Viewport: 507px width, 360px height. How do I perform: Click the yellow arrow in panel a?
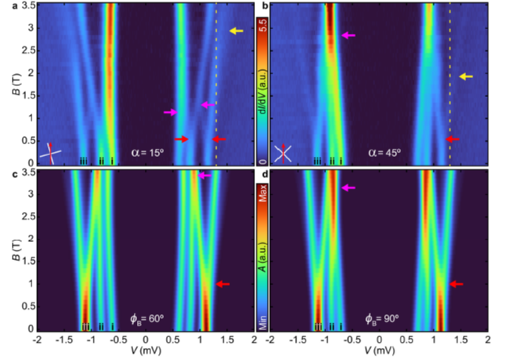click(237, 31)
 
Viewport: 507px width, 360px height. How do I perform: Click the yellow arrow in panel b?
click(466, 76)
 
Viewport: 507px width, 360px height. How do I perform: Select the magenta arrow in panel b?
click(348, 35)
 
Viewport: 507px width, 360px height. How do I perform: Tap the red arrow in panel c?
click(223, 284)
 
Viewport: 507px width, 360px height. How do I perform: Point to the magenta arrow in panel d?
click(348, 187)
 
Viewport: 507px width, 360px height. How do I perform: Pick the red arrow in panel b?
click(454, 139)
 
